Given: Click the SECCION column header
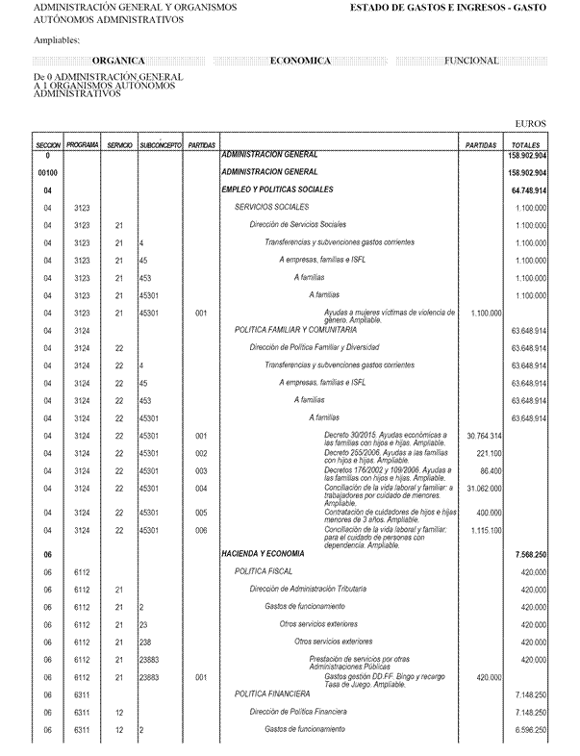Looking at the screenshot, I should coord(48,144).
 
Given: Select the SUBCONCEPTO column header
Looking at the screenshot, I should coord(160,144).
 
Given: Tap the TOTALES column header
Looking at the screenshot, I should coord(526,144).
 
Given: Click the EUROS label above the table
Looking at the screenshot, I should coord(531,124).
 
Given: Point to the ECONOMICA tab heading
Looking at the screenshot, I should coord(301,61).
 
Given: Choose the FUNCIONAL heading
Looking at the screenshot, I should coord(471,61).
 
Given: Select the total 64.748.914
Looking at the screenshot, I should coord(526,190).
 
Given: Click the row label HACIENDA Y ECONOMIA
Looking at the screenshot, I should coord(262,554).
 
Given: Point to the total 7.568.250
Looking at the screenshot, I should coord(529,555).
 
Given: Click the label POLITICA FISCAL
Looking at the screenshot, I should coord(264,571).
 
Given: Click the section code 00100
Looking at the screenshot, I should coord(48,172).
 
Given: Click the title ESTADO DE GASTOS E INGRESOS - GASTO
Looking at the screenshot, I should coord(447,7).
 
